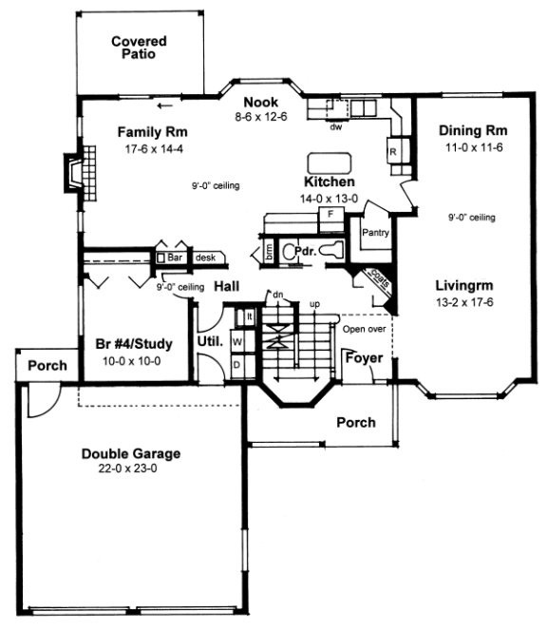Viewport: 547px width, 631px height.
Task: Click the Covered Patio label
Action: pyautogui.click(x=139, y=48)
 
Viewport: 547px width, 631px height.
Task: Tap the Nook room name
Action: pyautogui.click(x=258, y=103)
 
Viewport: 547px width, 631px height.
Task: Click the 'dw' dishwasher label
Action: pyautogui.click(x=336, y=123)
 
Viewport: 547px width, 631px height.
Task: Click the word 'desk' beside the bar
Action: pyautogui.click(x=205, y=257)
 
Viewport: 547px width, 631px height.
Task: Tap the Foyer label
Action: pyautogui.click(x=363, y=358)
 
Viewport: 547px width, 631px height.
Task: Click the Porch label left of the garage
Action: pyautogui.click(x=47, y=365)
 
